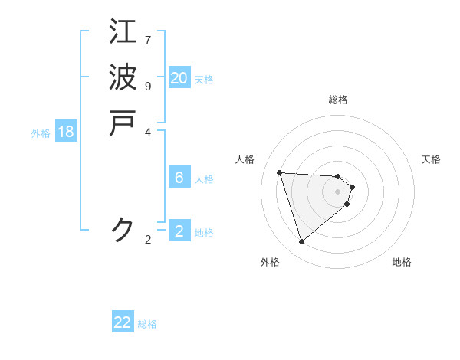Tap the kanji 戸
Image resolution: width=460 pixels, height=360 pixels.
[x=123, y=123]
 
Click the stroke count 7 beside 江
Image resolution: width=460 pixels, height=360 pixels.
[x=148, y=40]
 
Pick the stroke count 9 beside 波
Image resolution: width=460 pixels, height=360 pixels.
[x=148, y=86]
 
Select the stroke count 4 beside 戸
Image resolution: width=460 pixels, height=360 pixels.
[x=148, y=132]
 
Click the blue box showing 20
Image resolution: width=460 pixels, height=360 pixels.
[x=179, y=78]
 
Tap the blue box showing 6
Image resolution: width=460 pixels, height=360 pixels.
[x=179, y=178]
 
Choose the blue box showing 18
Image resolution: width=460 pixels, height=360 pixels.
[x=66, y=132]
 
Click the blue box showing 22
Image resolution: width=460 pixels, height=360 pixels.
[x=123, y=322]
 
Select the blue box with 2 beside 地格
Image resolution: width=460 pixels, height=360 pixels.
[x=179, y=231]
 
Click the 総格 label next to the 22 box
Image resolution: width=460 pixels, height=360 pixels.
[x=147, y=324]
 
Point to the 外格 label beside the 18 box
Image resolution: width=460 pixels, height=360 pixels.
[x=41, y=133]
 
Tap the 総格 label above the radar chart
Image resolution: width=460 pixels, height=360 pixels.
[x=338, y=100]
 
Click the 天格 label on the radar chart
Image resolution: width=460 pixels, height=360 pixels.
[x=431, y=159]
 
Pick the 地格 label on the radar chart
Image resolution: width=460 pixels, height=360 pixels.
[x=402, y=262]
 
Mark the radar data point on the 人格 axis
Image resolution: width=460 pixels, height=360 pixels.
[x=280, y=172]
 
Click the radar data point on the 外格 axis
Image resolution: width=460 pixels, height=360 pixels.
[x=301, y=242]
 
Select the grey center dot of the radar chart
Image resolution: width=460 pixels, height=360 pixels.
[x=338, y=191]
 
